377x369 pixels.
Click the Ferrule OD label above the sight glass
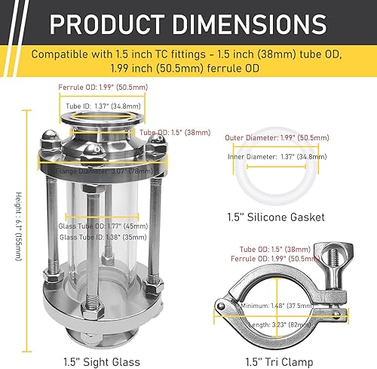115,88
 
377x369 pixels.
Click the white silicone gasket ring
250,185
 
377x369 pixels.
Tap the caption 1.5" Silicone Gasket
275,217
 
